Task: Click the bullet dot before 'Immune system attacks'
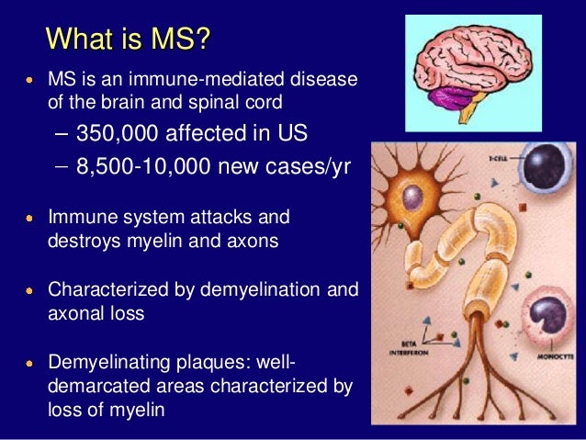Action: point(30,219)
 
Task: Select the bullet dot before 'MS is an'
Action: point(30,80)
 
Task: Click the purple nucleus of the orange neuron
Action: point(413,197)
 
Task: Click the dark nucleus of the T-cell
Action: point(548,187)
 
